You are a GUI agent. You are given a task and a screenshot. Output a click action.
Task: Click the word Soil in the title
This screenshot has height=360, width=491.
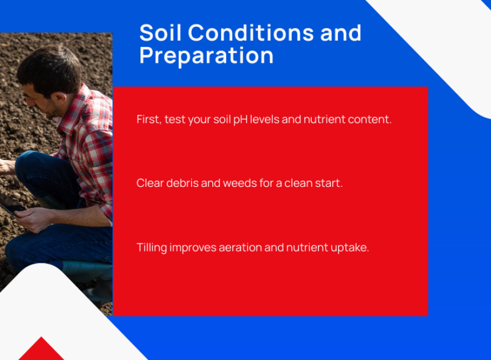pos(160,33)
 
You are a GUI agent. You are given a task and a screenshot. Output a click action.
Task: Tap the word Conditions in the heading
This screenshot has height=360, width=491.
pos(251,33)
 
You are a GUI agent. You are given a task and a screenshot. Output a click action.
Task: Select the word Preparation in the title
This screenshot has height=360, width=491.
pos(206,56)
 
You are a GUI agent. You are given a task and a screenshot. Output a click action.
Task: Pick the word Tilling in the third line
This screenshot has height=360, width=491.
pos(152,247)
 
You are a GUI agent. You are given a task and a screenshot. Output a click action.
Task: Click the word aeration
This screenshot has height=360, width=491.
pos(240,247)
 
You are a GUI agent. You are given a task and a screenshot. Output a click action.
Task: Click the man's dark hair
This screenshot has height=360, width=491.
pos(50,67)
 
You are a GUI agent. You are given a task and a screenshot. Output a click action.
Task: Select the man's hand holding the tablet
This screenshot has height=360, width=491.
pos(33,219)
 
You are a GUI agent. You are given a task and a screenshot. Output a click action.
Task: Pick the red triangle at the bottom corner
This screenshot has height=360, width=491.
pos(41,349)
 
